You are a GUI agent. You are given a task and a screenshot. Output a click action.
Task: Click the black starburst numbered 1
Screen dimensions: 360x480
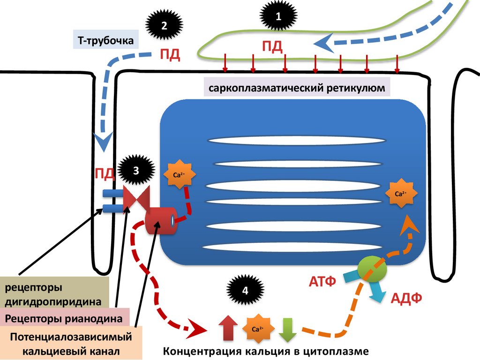[x=278, y=17]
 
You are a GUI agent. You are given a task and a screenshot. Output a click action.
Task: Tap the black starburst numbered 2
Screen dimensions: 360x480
[x=164, y=26]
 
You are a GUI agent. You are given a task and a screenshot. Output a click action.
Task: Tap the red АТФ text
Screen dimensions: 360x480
[x=322, y=282]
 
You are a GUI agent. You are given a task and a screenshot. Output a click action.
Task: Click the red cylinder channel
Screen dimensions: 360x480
[x=161, y=221]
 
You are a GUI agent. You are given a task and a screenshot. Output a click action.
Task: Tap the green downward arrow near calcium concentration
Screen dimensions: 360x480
[x=287, y=329]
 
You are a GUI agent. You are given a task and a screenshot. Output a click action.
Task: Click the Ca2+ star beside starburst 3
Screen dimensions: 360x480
[x=179, y=175]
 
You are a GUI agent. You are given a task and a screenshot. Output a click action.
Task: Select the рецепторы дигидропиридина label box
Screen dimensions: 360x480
[x=54, y=292]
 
